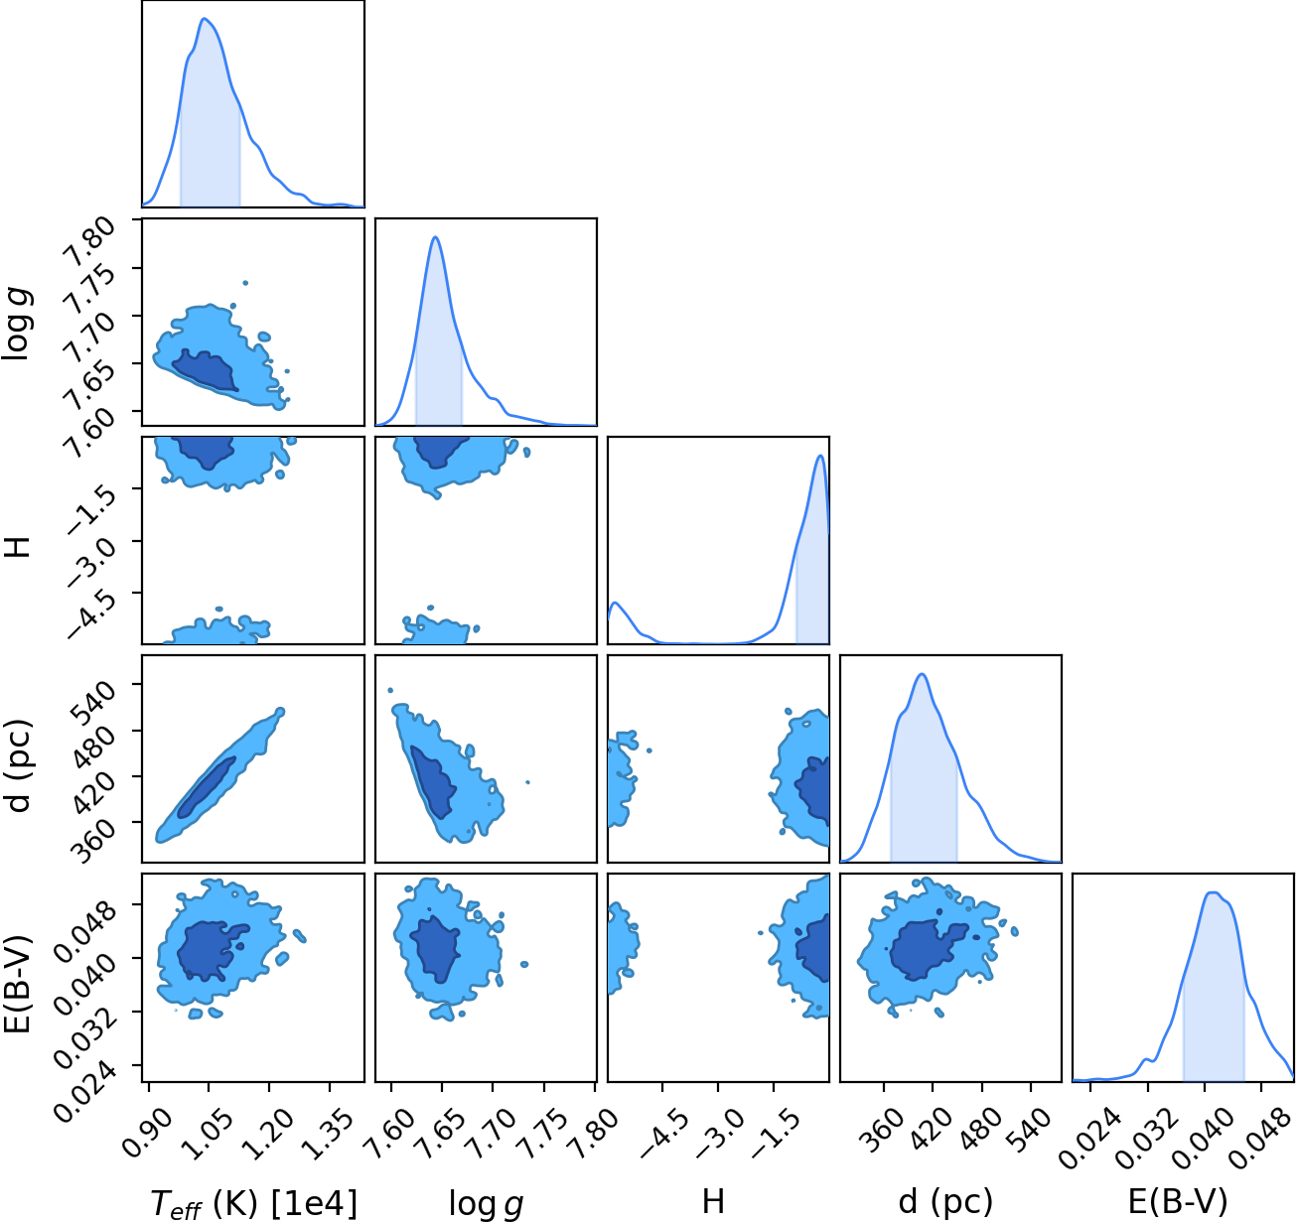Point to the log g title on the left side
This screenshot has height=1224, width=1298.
pos(18,325)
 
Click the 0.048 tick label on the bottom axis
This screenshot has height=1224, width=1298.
pos(1260,1131)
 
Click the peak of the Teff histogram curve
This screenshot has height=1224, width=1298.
pos(204,18)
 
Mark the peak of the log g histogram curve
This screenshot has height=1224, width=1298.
pos(435,236)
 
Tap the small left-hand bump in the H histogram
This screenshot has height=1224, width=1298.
pos(616,602)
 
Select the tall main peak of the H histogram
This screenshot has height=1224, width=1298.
pos(821,456)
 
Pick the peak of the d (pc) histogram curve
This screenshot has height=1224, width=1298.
pos(922,674)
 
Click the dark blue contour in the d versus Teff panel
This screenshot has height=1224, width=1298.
pos(207,787)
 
